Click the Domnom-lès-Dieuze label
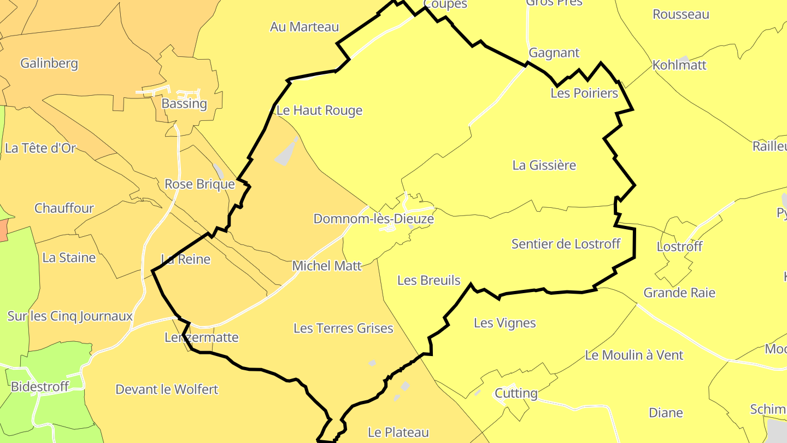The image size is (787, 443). [373, 219]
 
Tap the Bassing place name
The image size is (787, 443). [184, 104]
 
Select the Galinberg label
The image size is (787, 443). [49, 63]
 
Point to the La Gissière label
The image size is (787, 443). [544, 165]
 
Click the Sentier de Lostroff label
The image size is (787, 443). [566, 244]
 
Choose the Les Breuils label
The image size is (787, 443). [429, 281]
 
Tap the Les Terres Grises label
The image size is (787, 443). [343, 328]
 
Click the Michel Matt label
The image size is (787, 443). [327, 266]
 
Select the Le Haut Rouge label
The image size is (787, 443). [320, 110]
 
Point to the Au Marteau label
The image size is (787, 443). [304, 27]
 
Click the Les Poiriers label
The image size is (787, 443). [584, 94]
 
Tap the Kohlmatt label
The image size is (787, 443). [679, 66]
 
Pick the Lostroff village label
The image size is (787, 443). [679, 247]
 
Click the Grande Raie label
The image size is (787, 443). [679, 293]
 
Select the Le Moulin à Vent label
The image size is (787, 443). [634, 355]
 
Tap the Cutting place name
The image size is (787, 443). [516, 394]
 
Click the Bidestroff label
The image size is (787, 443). [40, 387]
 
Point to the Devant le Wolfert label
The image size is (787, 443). [167, 389]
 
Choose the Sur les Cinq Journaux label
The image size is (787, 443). [70, 316]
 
